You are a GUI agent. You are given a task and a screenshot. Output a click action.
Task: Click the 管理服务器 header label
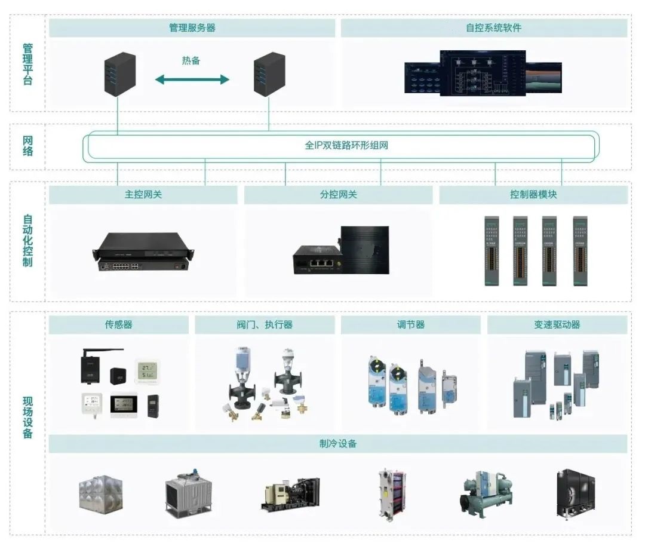pos(192,28)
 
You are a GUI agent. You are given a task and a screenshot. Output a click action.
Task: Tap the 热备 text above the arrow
pos(191,60)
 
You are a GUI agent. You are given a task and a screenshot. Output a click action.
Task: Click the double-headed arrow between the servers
pos(192,79)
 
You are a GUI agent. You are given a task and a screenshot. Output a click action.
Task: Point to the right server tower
pos(269,75)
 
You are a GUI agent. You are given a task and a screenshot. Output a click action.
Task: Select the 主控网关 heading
pos(143,195)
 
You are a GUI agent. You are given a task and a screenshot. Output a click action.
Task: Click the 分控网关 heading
pos(338,195)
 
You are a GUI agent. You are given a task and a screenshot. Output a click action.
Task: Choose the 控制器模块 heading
pos(533,195)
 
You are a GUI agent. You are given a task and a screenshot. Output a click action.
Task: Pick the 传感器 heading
pos(118,325)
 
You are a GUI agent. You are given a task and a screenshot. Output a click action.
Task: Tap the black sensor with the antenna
pos(95,365)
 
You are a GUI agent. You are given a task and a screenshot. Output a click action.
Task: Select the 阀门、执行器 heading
pos(264,325)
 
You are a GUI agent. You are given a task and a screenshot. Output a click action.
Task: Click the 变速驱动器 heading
pos(557,325)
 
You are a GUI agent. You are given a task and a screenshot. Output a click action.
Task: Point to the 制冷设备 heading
pos(338,444)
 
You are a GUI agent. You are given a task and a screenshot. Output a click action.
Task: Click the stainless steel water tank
pos(101,493)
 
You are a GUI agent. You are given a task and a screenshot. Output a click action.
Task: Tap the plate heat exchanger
pos(392,495)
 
